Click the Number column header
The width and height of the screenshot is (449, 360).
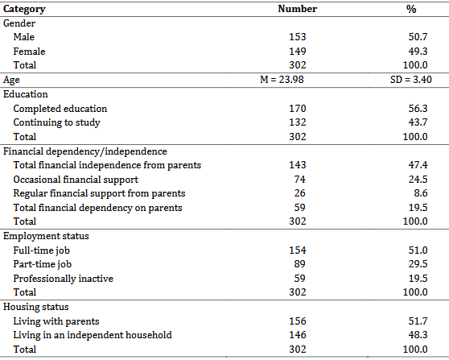click(x=297, y=9)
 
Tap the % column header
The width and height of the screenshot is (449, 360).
click(x=411, y=9)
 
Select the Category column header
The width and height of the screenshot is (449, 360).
click(x=24, y=9)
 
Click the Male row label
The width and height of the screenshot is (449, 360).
click(x=24, y=37)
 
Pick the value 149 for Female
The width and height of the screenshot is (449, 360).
click(x=298, y=51)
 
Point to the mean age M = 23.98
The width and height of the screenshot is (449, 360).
click(x=282, y=80)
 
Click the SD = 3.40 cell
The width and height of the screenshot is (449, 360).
click(x=411, y=80)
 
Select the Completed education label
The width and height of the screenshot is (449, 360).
click(x=60, y=109)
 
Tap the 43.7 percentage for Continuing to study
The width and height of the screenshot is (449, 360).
click(x=418, y=122)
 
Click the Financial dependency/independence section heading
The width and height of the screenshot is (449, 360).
click(x=85, y=151)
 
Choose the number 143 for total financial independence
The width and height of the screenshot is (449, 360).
click(x=298, y=165)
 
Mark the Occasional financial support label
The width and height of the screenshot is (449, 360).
click(x=76, y=180)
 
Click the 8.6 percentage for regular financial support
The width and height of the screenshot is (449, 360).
click(x=421, y=193)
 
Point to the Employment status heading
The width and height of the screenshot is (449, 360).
click(x=46, y=236)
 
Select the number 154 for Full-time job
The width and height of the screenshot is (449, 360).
click(x=298, y=250)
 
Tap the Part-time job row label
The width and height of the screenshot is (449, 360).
click(x=43, y=264)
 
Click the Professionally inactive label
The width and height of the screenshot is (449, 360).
click(x=64, y=279)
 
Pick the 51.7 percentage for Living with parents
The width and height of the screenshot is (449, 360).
click(x=418, y=321)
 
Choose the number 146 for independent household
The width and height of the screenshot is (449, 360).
click(x=298, y=335)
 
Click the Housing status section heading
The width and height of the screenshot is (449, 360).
click(x=35, y=307)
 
